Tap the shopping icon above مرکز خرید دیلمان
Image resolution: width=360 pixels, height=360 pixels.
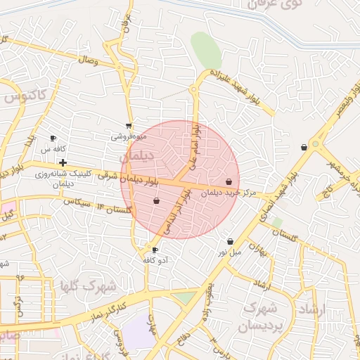pyautogui.click(x=229, y=182)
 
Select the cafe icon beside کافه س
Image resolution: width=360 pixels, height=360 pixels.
pyautogui.click(x=53, y=139)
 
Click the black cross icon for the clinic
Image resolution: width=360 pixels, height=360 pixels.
pyautogui.click(x=63, y=162)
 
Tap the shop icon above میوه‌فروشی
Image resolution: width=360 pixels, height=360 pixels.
pyautogui.click(x=129, y=127)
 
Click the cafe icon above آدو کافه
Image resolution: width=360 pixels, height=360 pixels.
pyautogui.click(x=155, y=250)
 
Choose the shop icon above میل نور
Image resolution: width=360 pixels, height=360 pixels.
pyautogui.click(x=230, y=242)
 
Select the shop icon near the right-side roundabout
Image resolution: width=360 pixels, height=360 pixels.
pyautogui.click(x=304, y=148)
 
